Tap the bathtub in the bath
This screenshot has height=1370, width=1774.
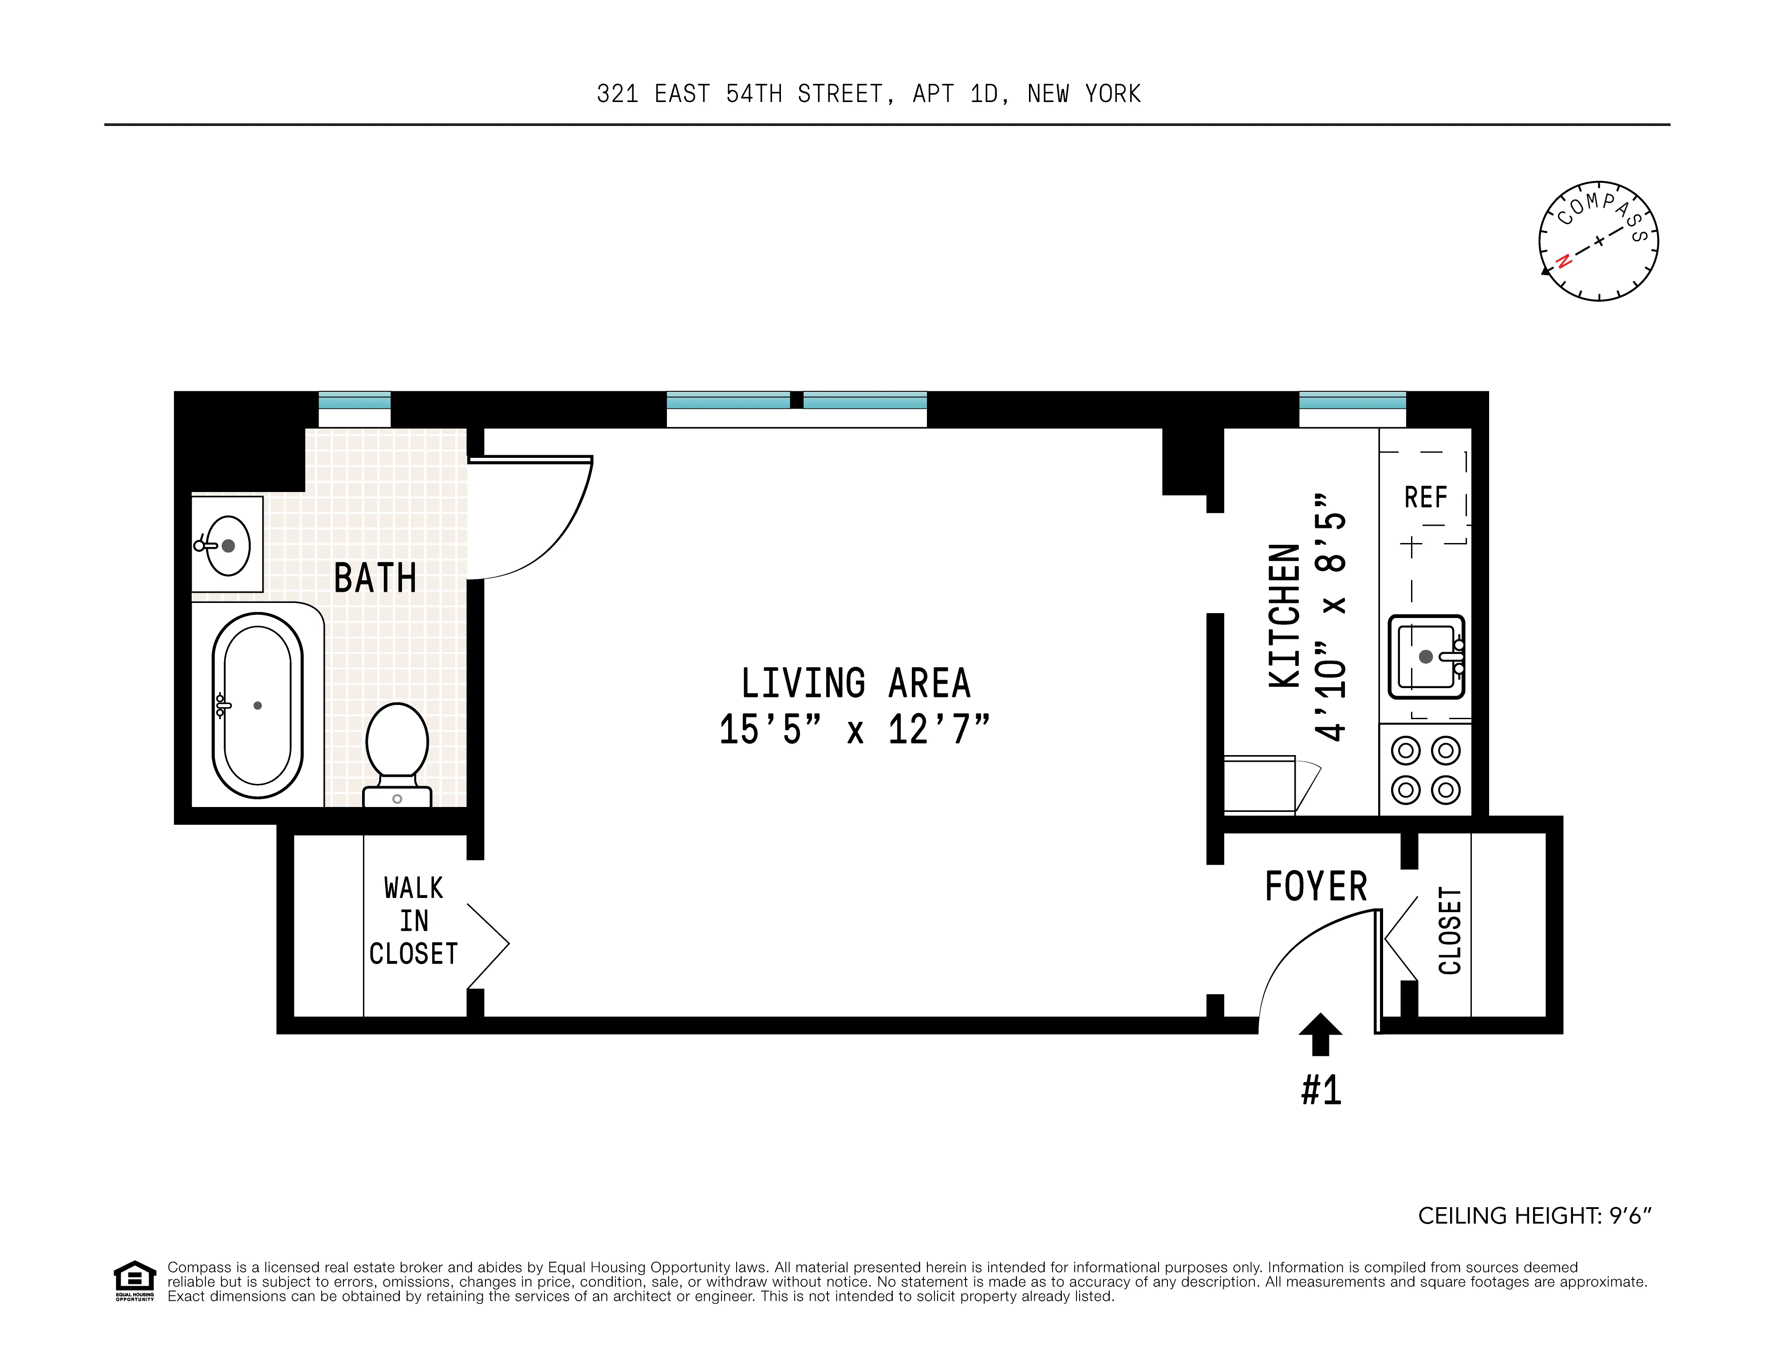pos(257,705)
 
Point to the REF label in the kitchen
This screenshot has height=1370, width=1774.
pos(1426,497)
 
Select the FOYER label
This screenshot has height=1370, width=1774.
pos(1316,886)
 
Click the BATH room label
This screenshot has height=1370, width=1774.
pos(375,578)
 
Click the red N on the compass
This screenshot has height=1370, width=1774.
pos(1562,261)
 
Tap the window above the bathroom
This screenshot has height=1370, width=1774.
pos(354,401)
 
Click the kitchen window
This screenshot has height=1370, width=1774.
pos(1352,401)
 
